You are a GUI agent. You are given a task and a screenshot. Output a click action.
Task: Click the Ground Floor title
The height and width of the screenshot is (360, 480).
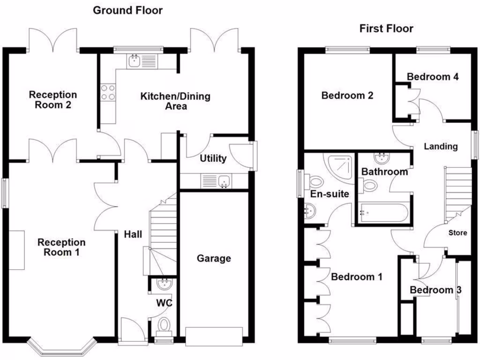[127, 10]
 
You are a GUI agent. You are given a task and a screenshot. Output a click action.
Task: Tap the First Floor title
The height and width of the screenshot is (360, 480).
[386, 29]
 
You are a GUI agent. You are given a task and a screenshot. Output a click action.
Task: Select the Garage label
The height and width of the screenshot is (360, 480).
[214, 258]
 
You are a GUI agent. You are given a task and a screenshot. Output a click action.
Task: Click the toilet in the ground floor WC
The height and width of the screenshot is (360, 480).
[164, 323]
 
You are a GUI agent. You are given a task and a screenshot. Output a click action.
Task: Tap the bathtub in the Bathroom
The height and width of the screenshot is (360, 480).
[383, 213]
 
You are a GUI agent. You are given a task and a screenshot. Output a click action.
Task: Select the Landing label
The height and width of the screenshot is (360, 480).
[441, 146]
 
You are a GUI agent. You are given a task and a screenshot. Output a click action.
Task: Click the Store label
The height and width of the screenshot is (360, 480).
[457, 232]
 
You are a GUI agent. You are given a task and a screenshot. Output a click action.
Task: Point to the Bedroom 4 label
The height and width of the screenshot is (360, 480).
[432, 77]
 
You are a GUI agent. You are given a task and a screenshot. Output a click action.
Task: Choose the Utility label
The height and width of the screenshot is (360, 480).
[213, 158]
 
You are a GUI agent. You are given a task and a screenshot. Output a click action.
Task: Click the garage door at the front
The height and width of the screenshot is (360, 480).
[214, 336]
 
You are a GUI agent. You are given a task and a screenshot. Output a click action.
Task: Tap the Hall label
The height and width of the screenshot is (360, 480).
[133, 234]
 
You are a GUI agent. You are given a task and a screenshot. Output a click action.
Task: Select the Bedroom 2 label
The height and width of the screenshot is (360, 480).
[347, 96]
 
